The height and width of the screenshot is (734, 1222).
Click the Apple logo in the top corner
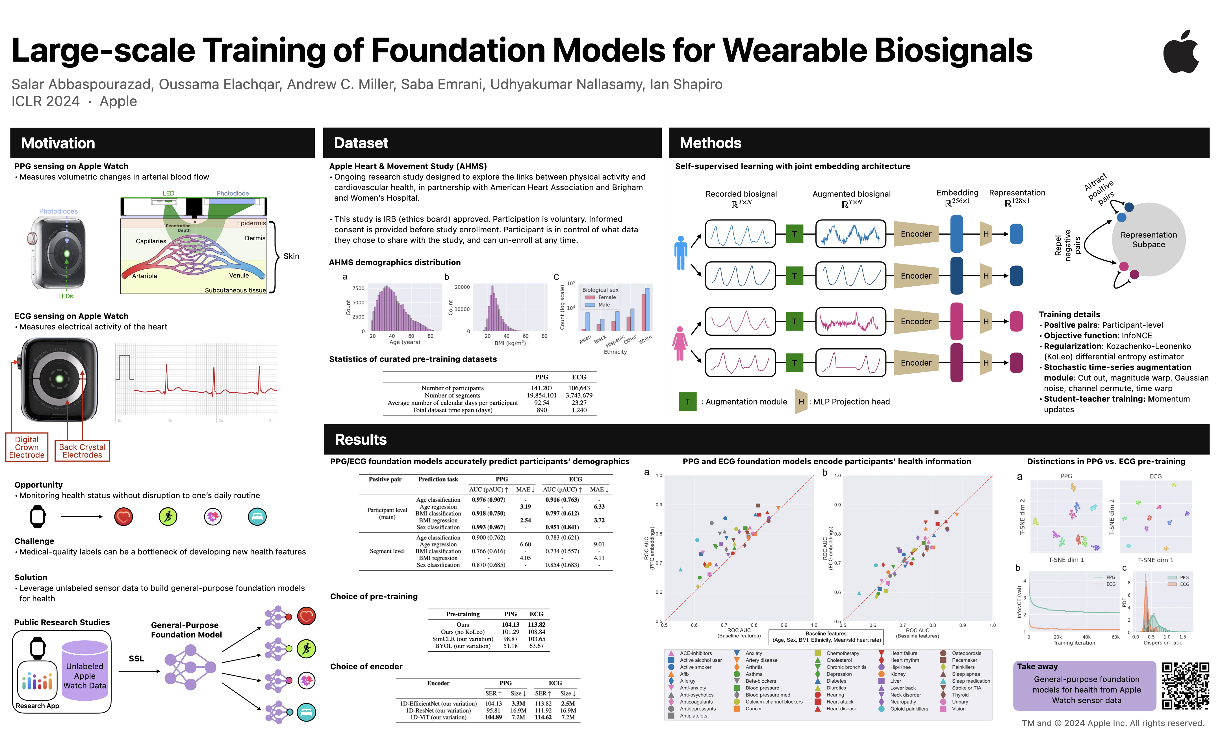click(1181, 52)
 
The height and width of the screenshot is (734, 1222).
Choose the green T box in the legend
click(687, 402)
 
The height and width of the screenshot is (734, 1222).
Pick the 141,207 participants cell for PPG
click(541, 388)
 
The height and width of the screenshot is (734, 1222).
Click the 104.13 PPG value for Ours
click(510, 625)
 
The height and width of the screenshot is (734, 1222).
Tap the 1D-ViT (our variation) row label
click(438, 718)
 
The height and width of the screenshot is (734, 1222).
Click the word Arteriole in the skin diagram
click(145, 276)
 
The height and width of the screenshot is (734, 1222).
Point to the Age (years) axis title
click(404, 342)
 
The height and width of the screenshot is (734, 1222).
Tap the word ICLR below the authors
click(28, 101)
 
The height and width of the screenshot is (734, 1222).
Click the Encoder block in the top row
click(916, 234)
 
